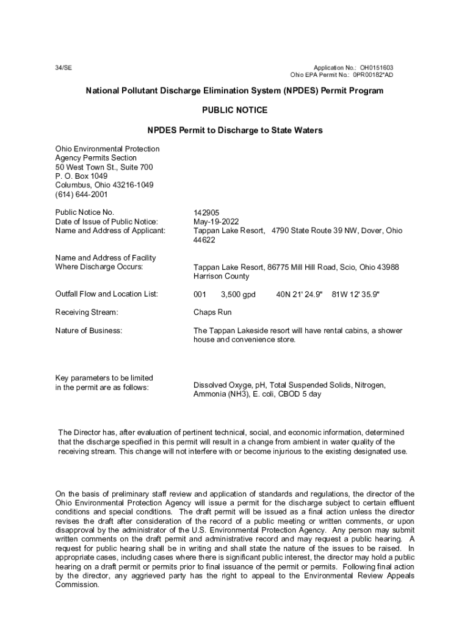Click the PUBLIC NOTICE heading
[234, 110]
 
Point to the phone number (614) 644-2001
[81, 195]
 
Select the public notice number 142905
[206, 212]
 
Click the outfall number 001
[200, 294]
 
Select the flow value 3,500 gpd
[238, 294]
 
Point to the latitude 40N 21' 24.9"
[299, 294]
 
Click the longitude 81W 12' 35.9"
[356, 294]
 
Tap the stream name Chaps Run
[212, 312]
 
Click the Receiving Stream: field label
[87, 312]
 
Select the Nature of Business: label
[89, 331]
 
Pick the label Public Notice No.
[84, 212]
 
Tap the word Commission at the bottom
[77, 585]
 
